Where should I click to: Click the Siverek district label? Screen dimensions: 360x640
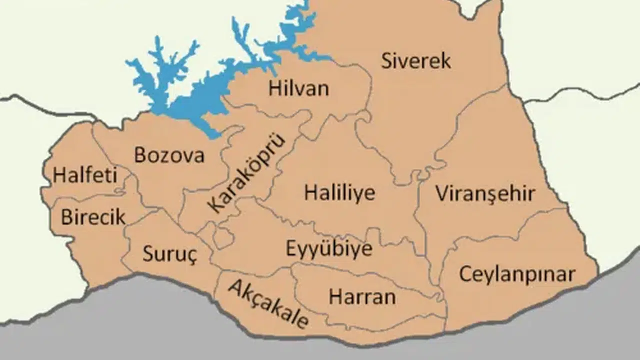tap(416, 61)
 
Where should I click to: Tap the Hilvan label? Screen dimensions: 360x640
tap(299, 89)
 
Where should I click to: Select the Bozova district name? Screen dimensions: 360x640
tap(169, 155)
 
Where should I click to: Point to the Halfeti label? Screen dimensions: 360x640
tap(85, 175)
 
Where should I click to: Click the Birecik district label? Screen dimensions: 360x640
tap(93, 217)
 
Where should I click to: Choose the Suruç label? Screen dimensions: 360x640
tap(170, 254)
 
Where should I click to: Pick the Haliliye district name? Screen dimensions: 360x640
tap(340, 193)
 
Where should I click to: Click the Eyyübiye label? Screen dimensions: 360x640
tap(329, 248)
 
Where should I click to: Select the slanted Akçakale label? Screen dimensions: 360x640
tap(268, 304)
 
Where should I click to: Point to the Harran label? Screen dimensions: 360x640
tap(362, 297)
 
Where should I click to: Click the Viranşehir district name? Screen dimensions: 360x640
tap(485, 194)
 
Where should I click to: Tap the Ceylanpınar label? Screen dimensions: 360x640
tap(517, 274)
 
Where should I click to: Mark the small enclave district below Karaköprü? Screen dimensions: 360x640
tap(223, 236)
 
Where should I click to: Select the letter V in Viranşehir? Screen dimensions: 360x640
tap(441, 194)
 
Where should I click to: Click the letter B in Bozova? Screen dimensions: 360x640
tap(140, 155)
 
